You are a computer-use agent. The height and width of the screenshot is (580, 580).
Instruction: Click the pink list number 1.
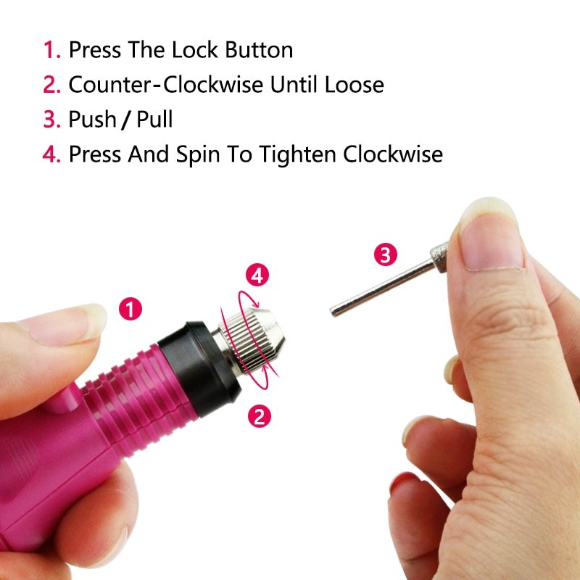(51, 50)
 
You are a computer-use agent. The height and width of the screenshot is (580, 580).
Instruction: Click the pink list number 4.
(51, 154)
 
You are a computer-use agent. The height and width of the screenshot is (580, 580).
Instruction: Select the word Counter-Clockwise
(166, 84)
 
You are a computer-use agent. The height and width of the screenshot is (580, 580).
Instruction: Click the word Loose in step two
(355, 84)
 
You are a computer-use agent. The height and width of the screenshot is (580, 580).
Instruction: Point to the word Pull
(154, 119)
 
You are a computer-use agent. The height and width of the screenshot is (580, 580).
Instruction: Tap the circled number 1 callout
(130, 309)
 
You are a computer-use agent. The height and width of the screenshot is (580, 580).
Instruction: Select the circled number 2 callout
(260, 415)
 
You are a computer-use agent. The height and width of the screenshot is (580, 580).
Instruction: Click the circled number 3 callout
(386, 254)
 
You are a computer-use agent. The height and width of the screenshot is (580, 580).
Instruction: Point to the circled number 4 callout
(257, 275)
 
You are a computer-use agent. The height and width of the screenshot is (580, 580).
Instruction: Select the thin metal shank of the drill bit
(382, 288)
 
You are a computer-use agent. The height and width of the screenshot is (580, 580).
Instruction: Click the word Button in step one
(260, 49)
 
